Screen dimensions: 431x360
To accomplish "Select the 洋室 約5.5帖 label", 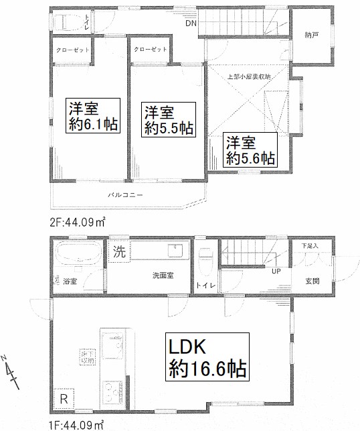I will (x=169, y=120).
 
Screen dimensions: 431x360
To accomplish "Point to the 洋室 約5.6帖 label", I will (x=250, y=150).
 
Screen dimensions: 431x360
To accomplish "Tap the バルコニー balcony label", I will (x=124, y=195).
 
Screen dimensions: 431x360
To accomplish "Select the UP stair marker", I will (x=275, y=271).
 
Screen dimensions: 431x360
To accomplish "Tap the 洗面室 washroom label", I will (x=162, y=275).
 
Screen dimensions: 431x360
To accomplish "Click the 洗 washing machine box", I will (x=118, y=253).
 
